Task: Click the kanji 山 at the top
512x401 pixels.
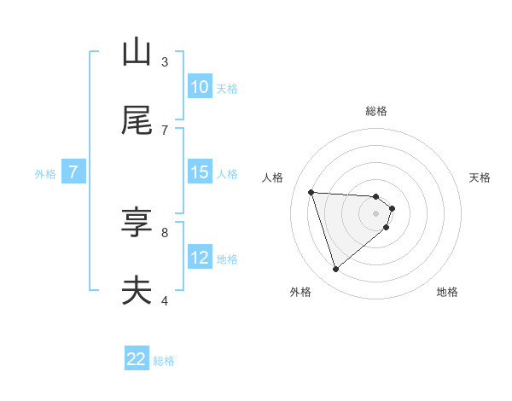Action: [137, 52]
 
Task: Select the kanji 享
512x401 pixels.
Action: [137, 223]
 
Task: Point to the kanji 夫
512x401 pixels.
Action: [137, 291]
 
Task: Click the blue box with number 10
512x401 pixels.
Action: [200, 87]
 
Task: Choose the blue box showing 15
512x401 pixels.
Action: [200, 172]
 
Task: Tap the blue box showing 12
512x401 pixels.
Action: [200, 258]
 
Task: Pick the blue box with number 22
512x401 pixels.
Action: [137, 359]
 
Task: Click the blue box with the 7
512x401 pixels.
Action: [73, 172]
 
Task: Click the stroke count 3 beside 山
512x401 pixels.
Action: [165, 61]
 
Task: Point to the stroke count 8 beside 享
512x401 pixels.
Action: [165, 231]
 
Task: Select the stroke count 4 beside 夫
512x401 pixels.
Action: [165, 300]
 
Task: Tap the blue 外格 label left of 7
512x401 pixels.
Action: [45, 174]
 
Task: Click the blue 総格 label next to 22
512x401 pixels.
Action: [164, 361]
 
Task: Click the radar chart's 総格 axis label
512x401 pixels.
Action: [376, 111]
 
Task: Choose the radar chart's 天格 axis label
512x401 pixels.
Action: [480, 177]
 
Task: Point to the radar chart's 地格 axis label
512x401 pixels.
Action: [447, 292]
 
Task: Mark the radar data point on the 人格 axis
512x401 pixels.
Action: [311, 192]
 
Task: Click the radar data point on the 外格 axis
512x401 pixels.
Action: [335, 270]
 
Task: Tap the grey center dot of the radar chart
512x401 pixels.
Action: [376, 224]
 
